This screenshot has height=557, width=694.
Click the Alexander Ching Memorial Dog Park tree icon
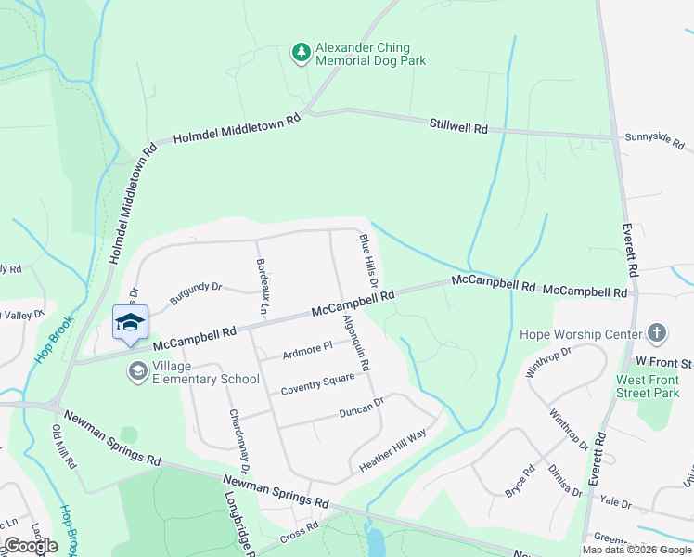(301, 54)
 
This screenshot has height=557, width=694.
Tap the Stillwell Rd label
(458, 125)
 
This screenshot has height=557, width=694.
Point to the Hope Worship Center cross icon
(656, 333)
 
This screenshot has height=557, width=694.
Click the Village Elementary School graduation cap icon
(138, 371)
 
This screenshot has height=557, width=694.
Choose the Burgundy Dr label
(196, 294)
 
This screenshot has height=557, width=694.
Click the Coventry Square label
(317, 383)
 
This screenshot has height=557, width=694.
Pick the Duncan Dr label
(361, 407)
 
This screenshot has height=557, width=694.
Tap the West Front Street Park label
(648, 386)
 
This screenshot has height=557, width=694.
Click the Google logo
(30, 546)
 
